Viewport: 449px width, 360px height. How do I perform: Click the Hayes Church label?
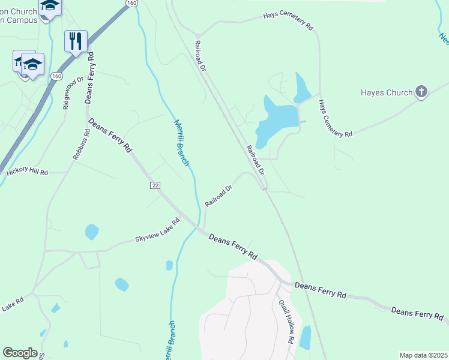pos(386,92)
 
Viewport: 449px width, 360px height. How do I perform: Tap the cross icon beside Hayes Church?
pos(421,92)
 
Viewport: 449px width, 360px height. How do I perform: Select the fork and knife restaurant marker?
pos(76,41)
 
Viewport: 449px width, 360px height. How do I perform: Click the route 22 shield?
pos(155,185)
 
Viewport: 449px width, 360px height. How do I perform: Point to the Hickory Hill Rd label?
pos(27,172)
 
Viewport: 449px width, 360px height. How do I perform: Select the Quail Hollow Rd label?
pos(286,321)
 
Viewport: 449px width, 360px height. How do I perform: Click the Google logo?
pos(20,353)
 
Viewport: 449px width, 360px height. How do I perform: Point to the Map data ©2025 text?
pos(423,355)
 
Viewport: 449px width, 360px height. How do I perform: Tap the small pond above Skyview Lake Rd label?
pos(92,231)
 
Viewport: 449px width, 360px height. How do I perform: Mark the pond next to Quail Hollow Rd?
pos(305,337)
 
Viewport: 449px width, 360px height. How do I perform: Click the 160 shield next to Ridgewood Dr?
pos(56,76)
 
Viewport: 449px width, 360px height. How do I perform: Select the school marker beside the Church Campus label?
pos(50,6)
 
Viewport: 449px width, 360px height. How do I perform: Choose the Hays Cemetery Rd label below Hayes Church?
pos(336,118)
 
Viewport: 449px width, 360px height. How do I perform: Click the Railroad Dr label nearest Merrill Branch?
pos(218,196)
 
